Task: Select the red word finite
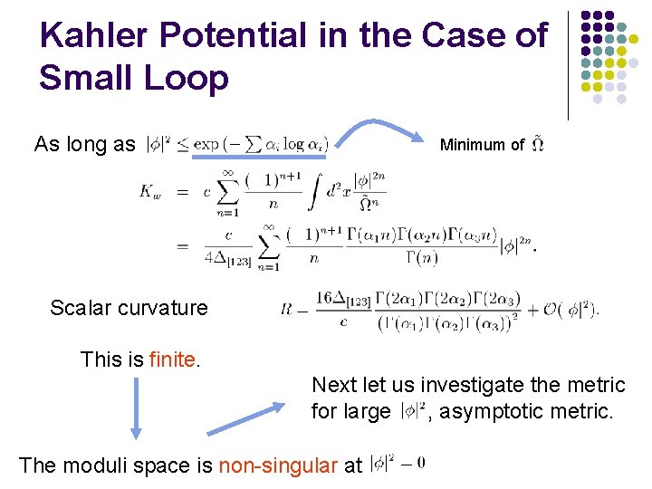(172, 360)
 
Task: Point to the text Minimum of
(482, 145)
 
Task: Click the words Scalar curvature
(129, 308)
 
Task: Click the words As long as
(84, 144)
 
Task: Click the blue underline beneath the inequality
(271, 155)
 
